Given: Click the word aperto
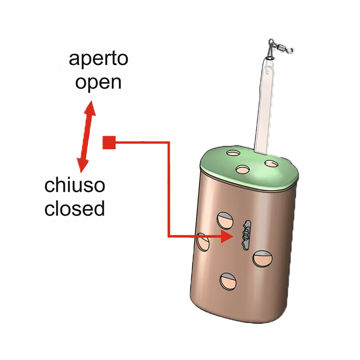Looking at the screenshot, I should (98, 59).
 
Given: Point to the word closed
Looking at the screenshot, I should (75, 208).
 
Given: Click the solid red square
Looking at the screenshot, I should (109, 143).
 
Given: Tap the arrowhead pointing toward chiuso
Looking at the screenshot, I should (82, 165).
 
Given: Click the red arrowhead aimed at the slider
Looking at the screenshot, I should (227, 237).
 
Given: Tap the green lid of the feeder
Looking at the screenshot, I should (248, 169).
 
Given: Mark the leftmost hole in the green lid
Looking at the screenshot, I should (233, 154).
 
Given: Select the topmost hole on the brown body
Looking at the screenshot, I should (225, 220).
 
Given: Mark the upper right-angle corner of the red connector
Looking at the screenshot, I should (168, 143).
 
